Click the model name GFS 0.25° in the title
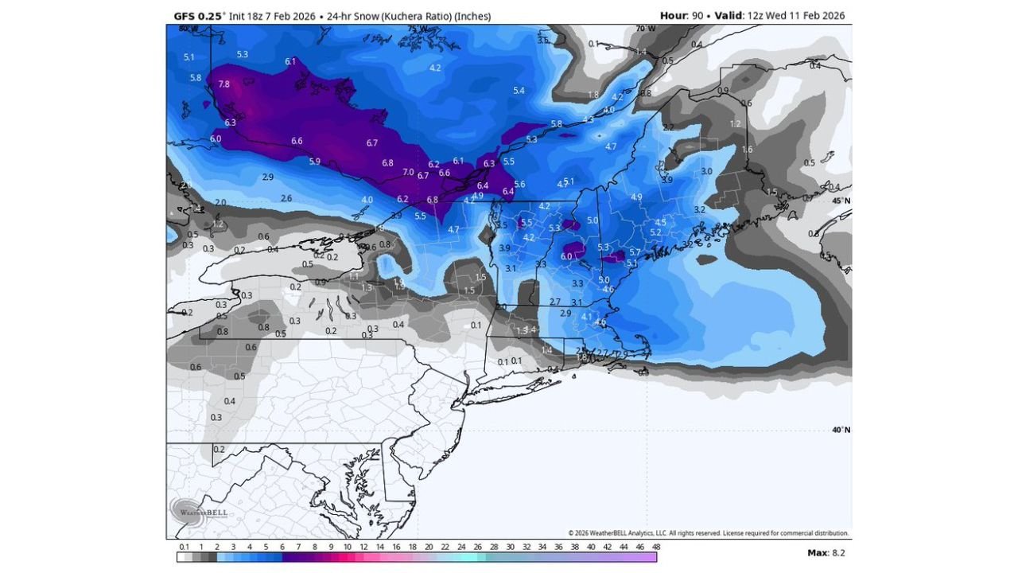click(x=199, y=16)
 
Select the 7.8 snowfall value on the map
click(x=223, y=84)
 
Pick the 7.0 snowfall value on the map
click(x=408, y=172)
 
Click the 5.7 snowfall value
click(x=635, y=251)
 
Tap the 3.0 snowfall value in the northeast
click(x=706, y=171)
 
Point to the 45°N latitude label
click(x=841, y=201)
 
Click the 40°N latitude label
click(x=841, y=430)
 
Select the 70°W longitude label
click(x=645, y=29)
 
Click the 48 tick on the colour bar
click(x=656, y=547)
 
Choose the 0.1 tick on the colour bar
click(x=185, y=547)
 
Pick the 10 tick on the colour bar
click(x=348, y=547)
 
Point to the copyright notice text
click(x=708, y=533)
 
